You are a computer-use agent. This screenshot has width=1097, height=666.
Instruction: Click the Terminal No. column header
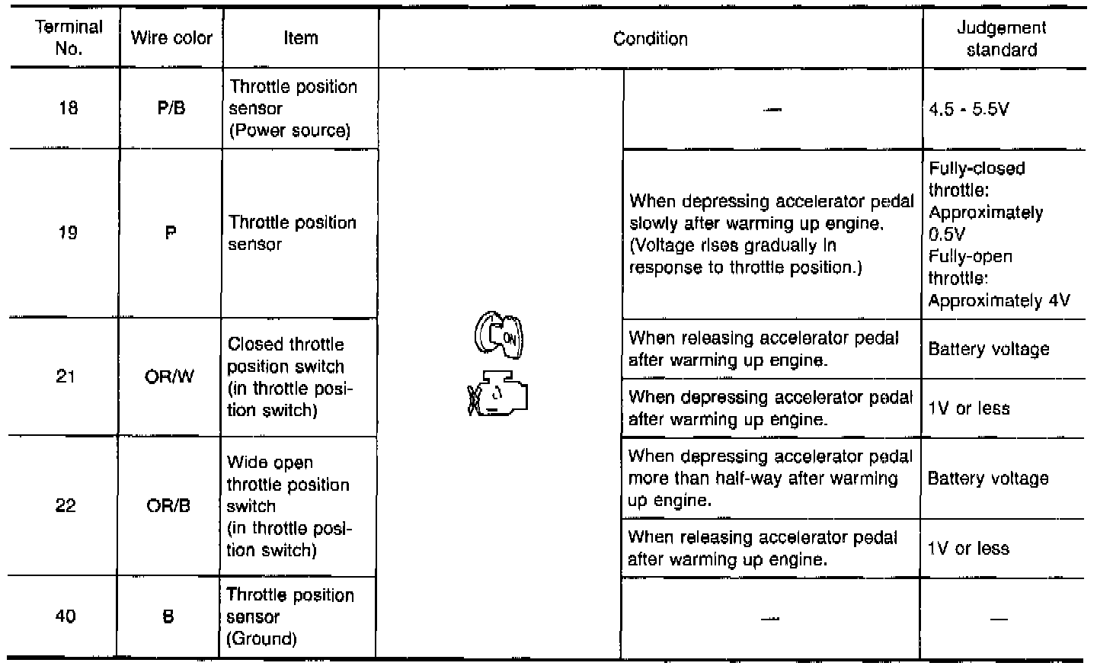[x=68, y=38]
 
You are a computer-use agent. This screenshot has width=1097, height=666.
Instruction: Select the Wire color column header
[x=171, y=38]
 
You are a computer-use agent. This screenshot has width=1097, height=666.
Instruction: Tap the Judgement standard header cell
[x=1001, y=39]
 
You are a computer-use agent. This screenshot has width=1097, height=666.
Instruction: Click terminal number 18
[x=68, y=108]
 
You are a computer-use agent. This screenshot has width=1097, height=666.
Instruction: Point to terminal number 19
[x=68, y=233]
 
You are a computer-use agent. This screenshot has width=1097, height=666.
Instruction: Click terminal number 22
[x=66, y=506]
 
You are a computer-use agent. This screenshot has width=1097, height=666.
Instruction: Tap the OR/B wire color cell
[x=168, y=506]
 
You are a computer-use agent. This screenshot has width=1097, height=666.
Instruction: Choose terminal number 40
[x=66, y=616]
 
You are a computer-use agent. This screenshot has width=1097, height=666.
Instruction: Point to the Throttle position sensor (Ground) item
[x=290, y=616]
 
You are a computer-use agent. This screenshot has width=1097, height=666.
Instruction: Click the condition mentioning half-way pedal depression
[x=769, y=478]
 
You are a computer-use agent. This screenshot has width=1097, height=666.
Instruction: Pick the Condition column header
[x=650, y=39]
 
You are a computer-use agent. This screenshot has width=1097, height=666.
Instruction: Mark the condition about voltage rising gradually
[x=771, y=234]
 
